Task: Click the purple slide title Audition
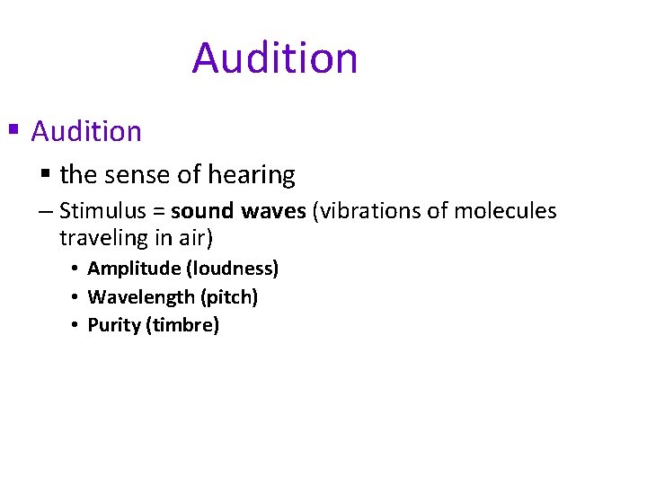click(275, 58)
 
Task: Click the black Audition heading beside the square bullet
click(86, 132)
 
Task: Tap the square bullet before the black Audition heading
click(13, 129)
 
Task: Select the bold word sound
click(203, 212)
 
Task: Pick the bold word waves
click(273, 212)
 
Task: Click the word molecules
click(505, 212)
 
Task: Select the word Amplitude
click(133, 269)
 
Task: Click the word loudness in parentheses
click(232, 269)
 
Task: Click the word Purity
click(113, 325)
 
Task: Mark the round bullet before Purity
click(75, 325)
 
